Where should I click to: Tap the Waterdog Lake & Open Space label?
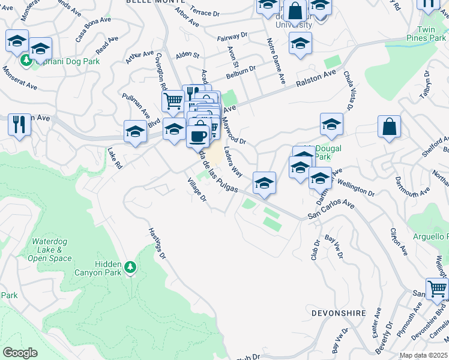click(x=51, y=250)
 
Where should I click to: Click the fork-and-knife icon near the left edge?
click(x=19, y=125)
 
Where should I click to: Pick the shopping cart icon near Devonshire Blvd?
click(x=437, y=289)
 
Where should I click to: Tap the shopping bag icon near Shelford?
click(x=389, y=127)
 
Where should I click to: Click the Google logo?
click(x=20, y=352)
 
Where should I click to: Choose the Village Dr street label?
click(x=196, y=190)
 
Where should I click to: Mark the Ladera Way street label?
click(x=233, y=162)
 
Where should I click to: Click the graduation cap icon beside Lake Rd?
click(x=136, y=132)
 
